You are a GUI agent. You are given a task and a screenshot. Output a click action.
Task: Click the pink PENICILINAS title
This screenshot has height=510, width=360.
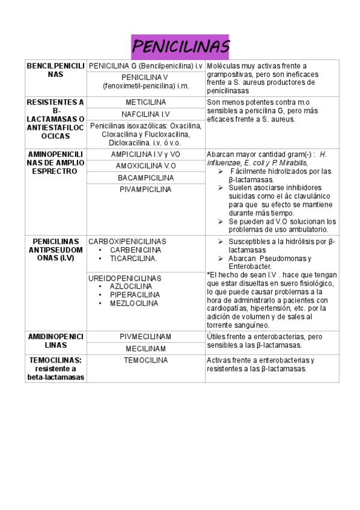pyautogui.click(x=180, y=46)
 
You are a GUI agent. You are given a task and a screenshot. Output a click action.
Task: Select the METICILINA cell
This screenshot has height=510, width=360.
pyautogui.click(x=145, y=102)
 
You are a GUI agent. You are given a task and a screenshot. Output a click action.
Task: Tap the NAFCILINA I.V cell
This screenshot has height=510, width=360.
pyautogui.click(x=145, y=114)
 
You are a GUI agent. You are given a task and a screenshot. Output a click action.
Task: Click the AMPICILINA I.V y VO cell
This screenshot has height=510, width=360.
pyautogui.click(x=145, y=155)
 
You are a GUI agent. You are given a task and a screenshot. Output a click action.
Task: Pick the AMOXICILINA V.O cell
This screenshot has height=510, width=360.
pyautogui.click(x=145, y=166)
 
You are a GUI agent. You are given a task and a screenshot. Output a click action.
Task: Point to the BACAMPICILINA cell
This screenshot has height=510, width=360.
pyautogui.click(x=145, y=178)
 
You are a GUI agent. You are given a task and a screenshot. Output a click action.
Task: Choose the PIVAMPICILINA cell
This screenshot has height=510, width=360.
pyautogui.click(x=145, y=189)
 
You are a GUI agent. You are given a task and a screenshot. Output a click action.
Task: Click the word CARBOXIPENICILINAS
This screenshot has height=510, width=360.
pyautogui.click(x=127, y=241)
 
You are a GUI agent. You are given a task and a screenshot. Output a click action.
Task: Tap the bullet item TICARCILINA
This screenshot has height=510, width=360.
pyautogui.click(x=133, y=258)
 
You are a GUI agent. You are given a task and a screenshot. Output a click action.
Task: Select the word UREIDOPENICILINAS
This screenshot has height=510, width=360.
pyautogui.click(x=124, y=278)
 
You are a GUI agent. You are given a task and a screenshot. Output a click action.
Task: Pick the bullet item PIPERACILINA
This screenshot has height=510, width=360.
pyautogui.click(x=135, y=295)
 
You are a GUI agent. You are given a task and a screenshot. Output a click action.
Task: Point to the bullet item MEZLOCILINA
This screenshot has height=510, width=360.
pyautogui.click(x=134, y=303)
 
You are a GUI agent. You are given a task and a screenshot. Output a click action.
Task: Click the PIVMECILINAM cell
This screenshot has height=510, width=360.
pyautogui.click(x=145, y=337)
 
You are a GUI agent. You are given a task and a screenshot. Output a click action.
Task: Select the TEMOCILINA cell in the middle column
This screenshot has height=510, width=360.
pyautogui.click(x=145, y=360)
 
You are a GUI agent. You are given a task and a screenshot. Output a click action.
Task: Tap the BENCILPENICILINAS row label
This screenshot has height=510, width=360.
pyautogui.click(x=56, y=70)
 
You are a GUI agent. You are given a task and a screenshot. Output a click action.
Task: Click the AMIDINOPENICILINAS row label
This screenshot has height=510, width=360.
pyautogui.click(x=56, y=341)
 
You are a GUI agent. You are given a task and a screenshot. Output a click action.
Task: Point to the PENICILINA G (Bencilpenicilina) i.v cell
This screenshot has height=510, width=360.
pyautogui.click(x=145, y=65)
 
